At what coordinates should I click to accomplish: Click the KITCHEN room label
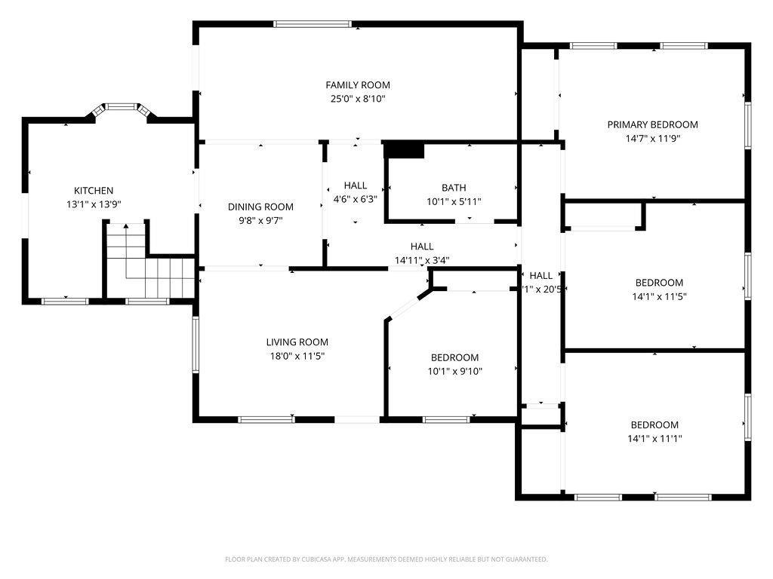[94, 191]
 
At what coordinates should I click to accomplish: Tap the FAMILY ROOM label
[358, 85]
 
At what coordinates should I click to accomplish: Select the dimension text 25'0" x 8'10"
[358, 99]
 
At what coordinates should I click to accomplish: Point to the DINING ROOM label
[260, 207]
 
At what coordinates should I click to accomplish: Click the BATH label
[454, 188]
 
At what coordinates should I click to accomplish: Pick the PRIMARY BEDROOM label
[653, 124]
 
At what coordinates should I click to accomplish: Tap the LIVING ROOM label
[297, 342]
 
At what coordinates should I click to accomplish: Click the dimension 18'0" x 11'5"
[297, 356]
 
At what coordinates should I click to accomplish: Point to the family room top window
[313, 23]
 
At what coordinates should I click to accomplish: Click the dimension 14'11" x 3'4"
[422, 260]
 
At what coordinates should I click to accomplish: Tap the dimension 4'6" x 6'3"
[356, 199]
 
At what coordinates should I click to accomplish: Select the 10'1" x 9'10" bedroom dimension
[455, 371]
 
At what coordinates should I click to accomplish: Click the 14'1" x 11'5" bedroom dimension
[660, 296]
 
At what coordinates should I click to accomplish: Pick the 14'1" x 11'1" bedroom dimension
[654, 439]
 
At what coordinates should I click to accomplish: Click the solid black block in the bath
[404, 150]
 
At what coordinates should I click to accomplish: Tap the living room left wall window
[196, 345]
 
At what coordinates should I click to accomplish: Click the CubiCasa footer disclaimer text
[386, 559]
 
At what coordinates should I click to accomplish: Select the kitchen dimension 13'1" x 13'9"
[94, 204]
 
